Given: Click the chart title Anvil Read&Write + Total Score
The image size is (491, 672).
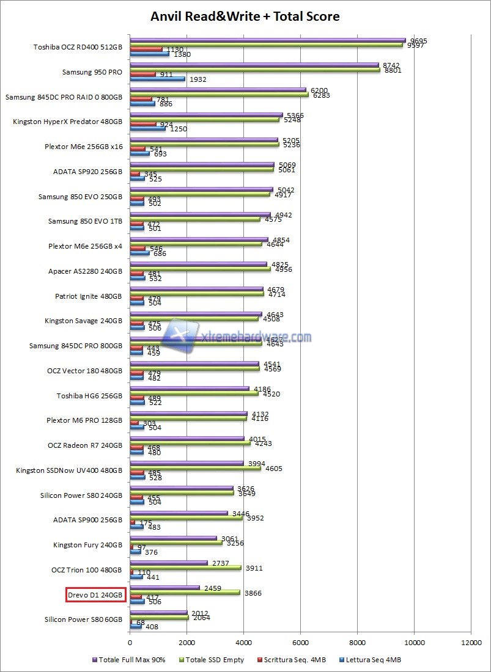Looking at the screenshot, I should (245, 16).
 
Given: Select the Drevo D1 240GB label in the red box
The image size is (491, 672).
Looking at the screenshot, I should (95, 594).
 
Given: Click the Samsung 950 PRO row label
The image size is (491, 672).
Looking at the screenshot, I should (92, 72).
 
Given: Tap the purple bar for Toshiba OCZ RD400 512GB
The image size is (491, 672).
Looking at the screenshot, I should (268, 41).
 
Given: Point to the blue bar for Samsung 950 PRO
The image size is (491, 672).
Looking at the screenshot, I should (157, 79).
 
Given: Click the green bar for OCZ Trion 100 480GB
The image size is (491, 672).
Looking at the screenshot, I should (186, 568).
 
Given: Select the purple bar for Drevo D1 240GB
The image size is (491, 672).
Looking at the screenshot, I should (164, 588).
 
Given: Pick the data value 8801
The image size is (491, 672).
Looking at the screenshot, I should (393, 70).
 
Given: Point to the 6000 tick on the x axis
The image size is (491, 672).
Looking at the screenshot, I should (300, 643).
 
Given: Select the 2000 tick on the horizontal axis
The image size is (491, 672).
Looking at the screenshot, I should (187, 643).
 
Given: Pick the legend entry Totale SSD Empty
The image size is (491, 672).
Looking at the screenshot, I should (213, 660).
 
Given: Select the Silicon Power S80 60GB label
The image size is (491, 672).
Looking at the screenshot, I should (84, 619).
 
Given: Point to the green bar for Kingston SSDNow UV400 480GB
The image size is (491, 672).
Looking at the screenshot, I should (195, 469).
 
